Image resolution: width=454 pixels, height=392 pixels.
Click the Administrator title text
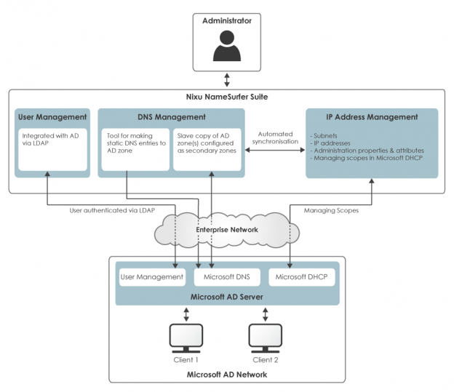coord(226,21)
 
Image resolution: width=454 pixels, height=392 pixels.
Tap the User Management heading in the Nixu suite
coord(52,116)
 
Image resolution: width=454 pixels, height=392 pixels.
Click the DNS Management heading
coord(172,116)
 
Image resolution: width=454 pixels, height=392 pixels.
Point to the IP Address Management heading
coord(372,116)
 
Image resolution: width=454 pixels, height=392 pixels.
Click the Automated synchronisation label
coord(276,138)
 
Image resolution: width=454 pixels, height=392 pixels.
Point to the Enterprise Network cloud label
coord(226,230)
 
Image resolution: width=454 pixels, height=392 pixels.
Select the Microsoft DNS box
coord(226,277)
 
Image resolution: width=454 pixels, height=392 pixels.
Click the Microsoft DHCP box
coord(300,277)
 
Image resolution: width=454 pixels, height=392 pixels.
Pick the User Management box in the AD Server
coord(151,277)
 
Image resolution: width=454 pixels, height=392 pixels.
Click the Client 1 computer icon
coord(186,337)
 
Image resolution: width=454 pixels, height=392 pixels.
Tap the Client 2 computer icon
coord(266,337)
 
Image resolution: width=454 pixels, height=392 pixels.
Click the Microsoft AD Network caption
coord(226,374)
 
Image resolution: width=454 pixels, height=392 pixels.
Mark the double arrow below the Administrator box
coord(226,79)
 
